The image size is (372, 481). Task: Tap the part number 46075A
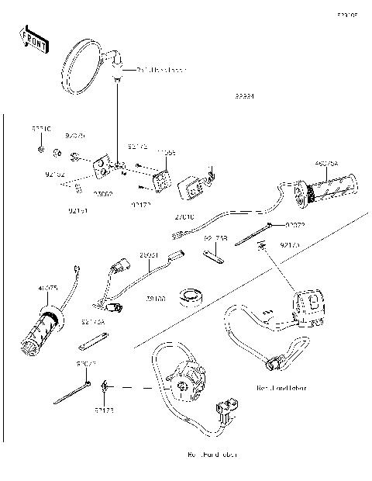pyautogui.click(x=326, y=164)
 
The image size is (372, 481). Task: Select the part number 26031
pyautogui.click(x=149, y=254)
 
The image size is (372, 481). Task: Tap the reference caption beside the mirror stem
pyautogui.click(x=162, y=70)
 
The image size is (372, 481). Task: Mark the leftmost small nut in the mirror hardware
pyautogui.click(x=40, y=147)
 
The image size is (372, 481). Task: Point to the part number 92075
pyautogui.click(x=75, y=135)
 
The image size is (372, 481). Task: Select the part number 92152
pyautogui.click(x=55, y=175)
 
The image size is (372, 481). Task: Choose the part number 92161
pyautogui.click(x=75, y=209)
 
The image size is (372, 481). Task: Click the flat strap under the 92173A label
pyautogui.click(x=91, y=338)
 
